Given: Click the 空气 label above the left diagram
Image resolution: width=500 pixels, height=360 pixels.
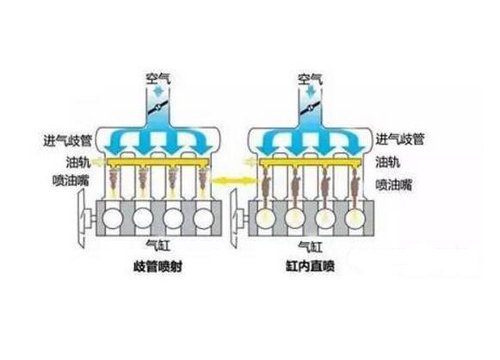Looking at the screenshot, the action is click(158, 78).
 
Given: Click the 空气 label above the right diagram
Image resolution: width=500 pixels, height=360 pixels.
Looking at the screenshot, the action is click(310, 79).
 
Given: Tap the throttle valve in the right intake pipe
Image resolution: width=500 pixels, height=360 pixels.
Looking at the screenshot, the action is click(310, 108).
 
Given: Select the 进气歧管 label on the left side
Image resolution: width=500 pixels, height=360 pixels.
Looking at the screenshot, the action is click(68, 140).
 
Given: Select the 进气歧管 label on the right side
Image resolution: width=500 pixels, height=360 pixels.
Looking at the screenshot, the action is click(400, 140).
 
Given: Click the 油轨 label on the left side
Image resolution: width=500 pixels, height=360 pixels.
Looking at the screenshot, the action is click(78, 162).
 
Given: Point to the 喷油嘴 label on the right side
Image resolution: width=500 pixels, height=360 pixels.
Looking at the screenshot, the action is click(394, 185).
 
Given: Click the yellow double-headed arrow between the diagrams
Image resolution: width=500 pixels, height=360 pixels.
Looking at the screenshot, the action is click(234, 181).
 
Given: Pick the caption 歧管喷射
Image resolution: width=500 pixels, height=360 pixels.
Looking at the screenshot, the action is click(157, 266).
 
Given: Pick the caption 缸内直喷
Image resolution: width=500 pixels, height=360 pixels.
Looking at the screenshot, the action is click(310, 266).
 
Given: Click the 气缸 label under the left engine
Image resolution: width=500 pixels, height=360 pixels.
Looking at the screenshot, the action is click(157, 245).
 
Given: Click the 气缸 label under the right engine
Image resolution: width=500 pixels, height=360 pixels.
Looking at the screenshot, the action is click(310, 246).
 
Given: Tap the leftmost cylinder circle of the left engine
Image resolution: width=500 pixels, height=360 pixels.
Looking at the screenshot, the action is click(112, 218).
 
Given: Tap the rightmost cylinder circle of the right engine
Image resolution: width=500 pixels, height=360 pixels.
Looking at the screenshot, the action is click(355, 219).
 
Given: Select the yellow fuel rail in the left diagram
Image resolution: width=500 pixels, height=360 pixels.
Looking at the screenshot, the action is click(158, 163).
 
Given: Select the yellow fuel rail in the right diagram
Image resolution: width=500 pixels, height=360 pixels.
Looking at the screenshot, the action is click(310, 163).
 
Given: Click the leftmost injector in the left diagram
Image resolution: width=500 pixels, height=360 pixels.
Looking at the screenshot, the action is click(114, 179).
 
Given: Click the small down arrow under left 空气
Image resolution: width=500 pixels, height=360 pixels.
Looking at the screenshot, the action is click(158, 91).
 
